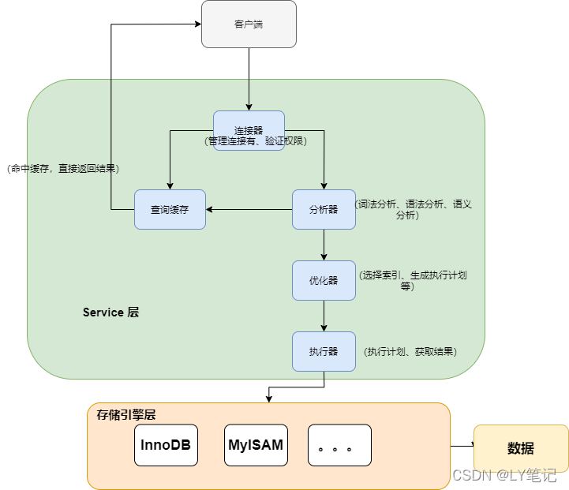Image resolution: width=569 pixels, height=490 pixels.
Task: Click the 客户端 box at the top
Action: point(249,24)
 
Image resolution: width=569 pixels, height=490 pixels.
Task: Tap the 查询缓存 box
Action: point(170,209)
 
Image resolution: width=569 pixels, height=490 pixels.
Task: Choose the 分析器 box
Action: point(324,209)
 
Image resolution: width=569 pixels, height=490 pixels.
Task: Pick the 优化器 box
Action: point(324,280)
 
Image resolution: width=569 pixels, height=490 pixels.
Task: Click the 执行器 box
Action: point(324,351)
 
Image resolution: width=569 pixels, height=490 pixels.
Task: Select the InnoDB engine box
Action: point(166,444)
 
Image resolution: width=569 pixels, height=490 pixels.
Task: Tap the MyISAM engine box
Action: point(256,444)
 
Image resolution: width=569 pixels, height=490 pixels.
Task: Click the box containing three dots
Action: point(339,444)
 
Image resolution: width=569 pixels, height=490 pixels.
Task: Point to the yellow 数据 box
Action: point(521,448)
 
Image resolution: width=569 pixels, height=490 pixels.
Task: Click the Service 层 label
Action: point(110,312)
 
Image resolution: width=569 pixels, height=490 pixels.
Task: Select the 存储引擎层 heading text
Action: point(127,414)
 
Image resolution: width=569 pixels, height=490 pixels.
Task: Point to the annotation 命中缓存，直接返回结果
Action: point(62,168)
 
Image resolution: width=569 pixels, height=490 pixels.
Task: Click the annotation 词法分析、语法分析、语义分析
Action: point(414,209)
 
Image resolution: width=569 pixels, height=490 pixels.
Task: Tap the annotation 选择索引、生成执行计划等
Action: point(413,280)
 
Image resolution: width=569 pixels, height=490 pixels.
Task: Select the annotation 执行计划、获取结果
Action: point(410,351)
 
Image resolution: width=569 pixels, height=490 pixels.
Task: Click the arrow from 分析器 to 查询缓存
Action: point(249,209)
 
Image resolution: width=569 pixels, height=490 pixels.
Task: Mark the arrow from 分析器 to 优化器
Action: point(324,245)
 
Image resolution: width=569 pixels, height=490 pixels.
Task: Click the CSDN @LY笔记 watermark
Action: point(504,475)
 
